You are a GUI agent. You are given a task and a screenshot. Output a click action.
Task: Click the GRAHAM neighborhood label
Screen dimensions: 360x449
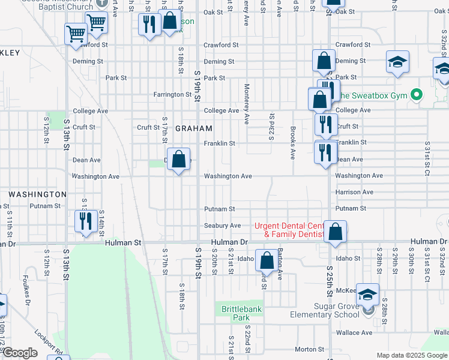pos(194,128)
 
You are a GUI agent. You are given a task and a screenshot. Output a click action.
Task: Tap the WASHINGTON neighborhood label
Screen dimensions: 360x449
pos(38,194)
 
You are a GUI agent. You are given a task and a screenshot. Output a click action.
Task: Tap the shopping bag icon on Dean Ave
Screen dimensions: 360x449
pos(178,160)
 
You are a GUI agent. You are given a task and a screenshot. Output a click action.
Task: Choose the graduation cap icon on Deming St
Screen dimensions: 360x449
pos(397,63)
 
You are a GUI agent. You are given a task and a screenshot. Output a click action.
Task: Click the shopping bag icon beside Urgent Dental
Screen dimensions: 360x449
pos(336,232)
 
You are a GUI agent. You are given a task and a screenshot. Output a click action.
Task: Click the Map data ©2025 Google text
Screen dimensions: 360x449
pos(412,355)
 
